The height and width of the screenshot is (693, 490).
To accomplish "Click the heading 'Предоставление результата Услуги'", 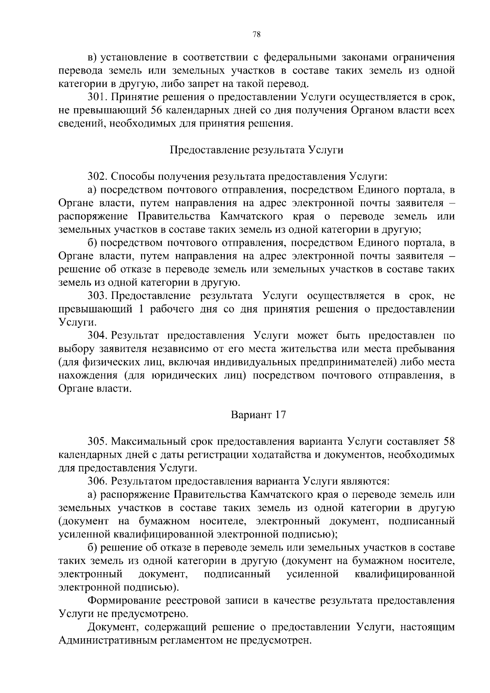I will (x=256, y=150).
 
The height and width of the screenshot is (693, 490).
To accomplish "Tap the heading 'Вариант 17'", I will (x=258, y=415).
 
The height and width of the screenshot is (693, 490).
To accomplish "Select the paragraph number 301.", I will (x=97, y=97).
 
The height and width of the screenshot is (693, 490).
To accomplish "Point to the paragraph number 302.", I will (x=97, y=176).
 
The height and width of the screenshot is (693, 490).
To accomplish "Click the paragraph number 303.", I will (x=97, y=296).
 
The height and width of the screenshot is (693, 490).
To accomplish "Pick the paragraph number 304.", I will (x=97, y=335).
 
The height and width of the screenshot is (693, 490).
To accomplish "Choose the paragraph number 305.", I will (x=97, y=441).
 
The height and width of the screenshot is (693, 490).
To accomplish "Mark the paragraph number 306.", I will (x=97, y=481).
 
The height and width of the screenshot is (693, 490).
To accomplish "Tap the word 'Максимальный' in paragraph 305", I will (x=161, y=441).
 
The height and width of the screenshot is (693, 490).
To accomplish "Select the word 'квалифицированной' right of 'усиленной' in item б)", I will (x=405, y=574).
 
